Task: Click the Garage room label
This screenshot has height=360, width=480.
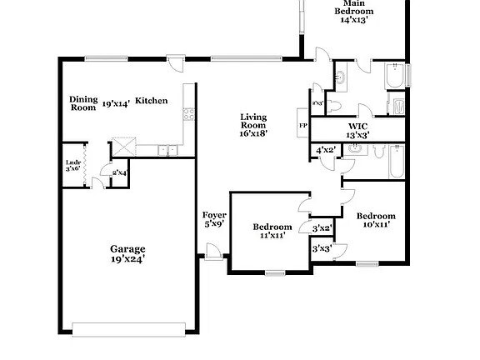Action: coord(127,248)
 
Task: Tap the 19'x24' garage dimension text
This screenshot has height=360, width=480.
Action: coord(127,258)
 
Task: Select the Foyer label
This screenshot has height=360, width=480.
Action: coord(213,215)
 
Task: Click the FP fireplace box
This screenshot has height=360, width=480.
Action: coord(302,127)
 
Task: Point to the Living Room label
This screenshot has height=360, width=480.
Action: coord(253,121)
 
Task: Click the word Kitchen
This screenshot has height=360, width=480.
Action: coord(152,101)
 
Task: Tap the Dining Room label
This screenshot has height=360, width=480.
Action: coord(82,102)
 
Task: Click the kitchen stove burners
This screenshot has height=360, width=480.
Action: coord(189,114)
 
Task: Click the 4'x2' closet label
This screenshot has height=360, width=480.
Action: coord(325,150)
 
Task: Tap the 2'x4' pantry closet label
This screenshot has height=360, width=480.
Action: coord(118,172)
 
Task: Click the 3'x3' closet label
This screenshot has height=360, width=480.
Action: coord(322,248)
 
